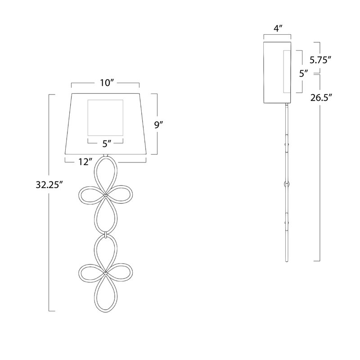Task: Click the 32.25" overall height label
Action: click(49, 184)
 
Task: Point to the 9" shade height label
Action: click(158, 125)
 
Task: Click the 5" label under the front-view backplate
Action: click(107, 144)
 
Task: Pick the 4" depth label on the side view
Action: click(278, 28)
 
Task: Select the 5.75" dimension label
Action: click(320, 60)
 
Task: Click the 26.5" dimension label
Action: click(321, 98)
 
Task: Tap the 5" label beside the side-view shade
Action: click(303, 74)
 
